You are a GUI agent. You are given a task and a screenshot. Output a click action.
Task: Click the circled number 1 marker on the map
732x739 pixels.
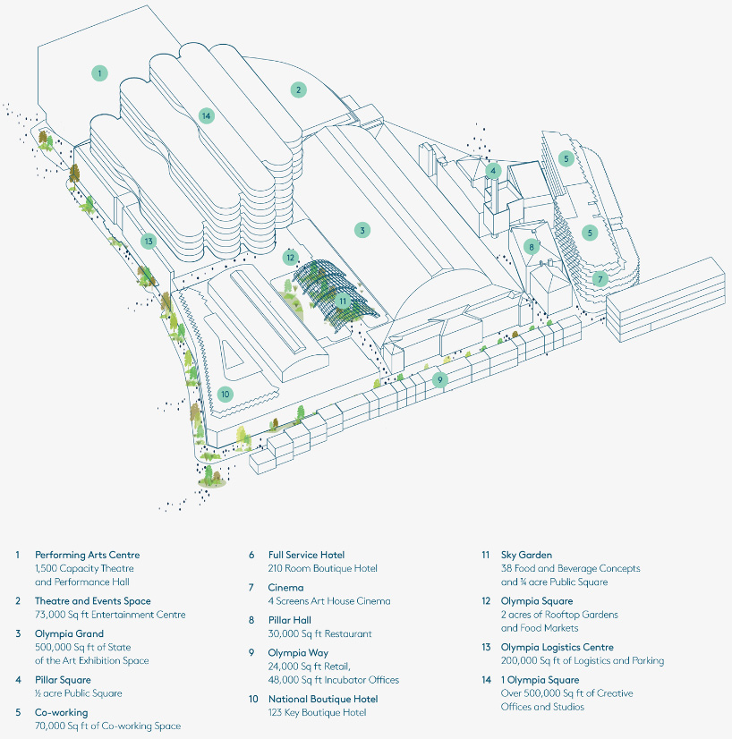[x=100, y=72]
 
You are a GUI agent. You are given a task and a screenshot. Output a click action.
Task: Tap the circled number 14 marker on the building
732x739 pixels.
[x=207, y=115]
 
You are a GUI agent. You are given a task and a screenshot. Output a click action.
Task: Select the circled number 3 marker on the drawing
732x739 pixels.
[x=362, y=230]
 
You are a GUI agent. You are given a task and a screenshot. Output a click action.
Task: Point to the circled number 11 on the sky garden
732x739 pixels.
[x=343, y=302]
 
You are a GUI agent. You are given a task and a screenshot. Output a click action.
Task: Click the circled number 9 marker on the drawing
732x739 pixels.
[x=439, y=379]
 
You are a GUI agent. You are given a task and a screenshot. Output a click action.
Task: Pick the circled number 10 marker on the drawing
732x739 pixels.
[x=225, y=394]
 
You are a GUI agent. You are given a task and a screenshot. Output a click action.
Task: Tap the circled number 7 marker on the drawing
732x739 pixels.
[x=600, y=278]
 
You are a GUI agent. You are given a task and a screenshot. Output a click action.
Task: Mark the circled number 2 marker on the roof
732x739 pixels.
[x=299, y=89]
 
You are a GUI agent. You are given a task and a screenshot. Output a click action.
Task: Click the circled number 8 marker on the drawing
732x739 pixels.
[x=531, y=247]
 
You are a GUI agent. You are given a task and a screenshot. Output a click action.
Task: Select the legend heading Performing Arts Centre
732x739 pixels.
[x=87, y=555]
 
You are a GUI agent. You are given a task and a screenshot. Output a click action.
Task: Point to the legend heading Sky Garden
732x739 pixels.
[x=526, y=555]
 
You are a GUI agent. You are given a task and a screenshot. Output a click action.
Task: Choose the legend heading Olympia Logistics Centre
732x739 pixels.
[x=561, y=647]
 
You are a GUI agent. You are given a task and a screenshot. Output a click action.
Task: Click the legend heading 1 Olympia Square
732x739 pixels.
[x=540, y=680]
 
